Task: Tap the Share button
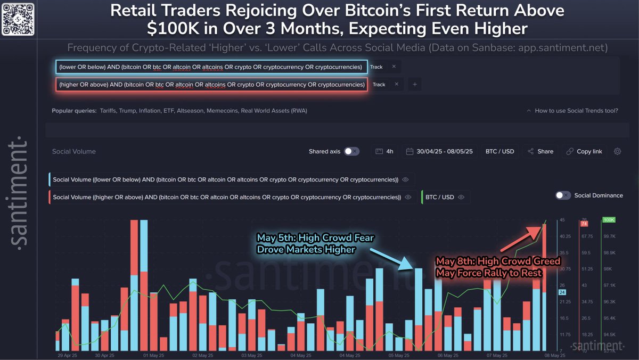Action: [x=540, y=151]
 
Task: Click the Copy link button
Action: [x=584, y=151]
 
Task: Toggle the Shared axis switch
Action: [x=351, y=151]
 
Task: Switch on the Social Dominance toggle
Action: [x=563, y=195]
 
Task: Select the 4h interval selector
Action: [x=384, y=151]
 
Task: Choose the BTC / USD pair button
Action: [x=499, y=151]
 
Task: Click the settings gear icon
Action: [x=617, y=151]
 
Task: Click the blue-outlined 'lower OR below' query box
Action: [x=211, y=67]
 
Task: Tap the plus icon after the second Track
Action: [x=415, y=85]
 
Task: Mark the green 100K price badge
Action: [x=608, y=219]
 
